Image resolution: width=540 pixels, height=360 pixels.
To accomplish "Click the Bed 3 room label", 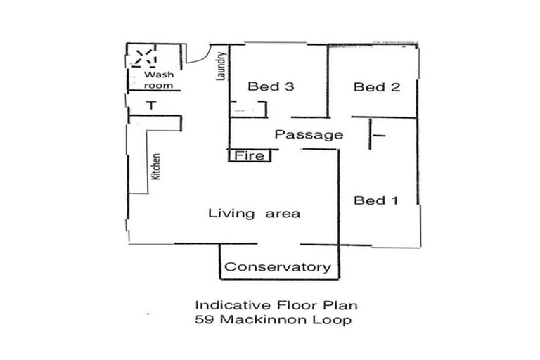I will [x=270, y=87].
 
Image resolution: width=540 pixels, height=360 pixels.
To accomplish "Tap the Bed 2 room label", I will [x=376, y=87].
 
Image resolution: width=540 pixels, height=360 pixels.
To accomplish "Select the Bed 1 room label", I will [x=375, y=201].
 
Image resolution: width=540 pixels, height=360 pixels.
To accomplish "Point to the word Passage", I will [x=309, y=135].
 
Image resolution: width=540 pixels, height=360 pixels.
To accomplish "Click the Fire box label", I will [x=250, y=155].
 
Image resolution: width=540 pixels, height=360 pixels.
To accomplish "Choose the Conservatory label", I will [x=277, y=267].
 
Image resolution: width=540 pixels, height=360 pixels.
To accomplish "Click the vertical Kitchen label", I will [x=157, y=168].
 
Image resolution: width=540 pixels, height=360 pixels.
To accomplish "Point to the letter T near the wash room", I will [x=150, y=106].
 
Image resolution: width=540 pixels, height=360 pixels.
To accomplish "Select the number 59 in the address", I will [x=203, y=320].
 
